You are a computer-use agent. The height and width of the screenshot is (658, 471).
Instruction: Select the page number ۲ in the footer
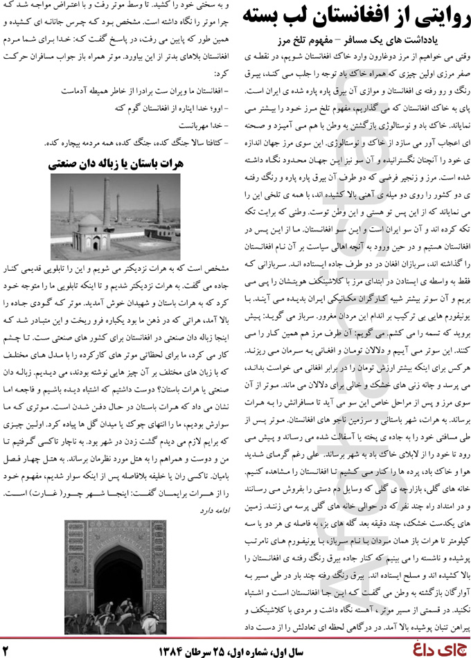click(8, 650)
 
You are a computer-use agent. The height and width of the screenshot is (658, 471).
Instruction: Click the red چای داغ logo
click(441, 649)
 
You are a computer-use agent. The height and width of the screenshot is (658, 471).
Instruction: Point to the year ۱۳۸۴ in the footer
click(169, 649)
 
